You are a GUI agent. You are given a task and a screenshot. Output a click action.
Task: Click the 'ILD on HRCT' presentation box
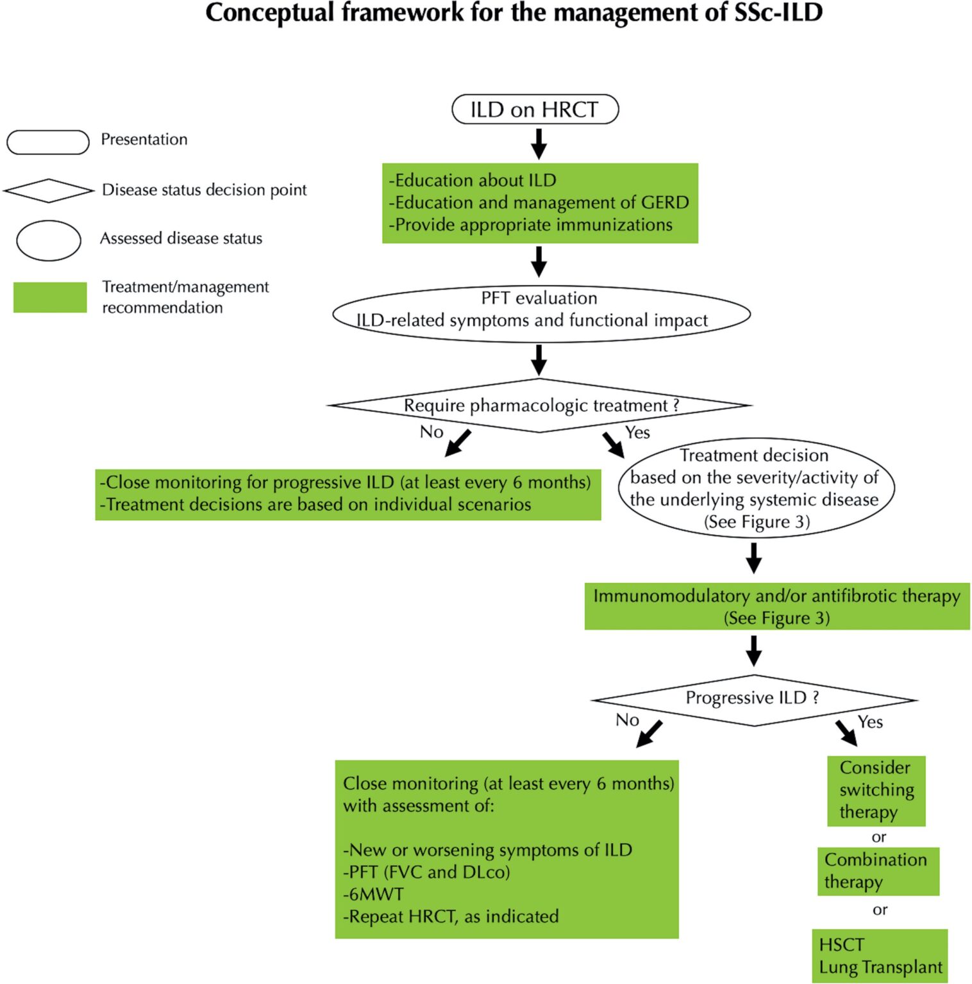click(535, 110)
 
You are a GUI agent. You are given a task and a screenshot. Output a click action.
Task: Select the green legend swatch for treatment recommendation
click(50, 297)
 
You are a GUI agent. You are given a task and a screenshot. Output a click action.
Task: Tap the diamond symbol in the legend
click(49, 190)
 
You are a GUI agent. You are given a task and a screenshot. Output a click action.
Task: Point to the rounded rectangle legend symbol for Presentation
click(48, 142)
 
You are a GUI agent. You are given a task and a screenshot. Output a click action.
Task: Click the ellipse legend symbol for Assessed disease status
click(49, 240)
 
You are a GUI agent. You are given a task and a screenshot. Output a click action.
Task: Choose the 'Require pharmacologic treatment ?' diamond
click(539, 406)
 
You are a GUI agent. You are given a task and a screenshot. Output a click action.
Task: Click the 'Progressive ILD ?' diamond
click(753, 699)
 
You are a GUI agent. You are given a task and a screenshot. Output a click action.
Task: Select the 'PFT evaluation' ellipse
click(540, 314)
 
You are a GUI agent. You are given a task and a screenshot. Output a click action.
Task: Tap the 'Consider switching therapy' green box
click(876, 791)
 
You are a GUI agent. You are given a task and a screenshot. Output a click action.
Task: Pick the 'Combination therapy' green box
click(878, 871)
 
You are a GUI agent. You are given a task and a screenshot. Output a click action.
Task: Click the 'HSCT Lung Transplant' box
click(880, 956)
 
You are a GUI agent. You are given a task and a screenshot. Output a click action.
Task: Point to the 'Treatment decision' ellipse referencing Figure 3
click(755, 488)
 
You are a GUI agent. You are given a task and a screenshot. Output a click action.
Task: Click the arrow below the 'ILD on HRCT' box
click(539, 143)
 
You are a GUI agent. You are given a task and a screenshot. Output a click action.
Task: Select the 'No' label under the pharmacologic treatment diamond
click(432, 432)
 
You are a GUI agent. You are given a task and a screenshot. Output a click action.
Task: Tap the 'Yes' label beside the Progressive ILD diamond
click(870, 722)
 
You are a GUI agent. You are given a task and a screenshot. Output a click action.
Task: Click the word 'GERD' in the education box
click(665, 202)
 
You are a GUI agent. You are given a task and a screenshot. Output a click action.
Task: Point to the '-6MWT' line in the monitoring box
click(374, 894)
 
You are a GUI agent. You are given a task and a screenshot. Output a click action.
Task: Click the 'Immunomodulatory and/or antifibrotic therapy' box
click(776, 606)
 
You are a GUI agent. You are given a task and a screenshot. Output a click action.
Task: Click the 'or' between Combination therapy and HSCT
click(880, 910)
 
